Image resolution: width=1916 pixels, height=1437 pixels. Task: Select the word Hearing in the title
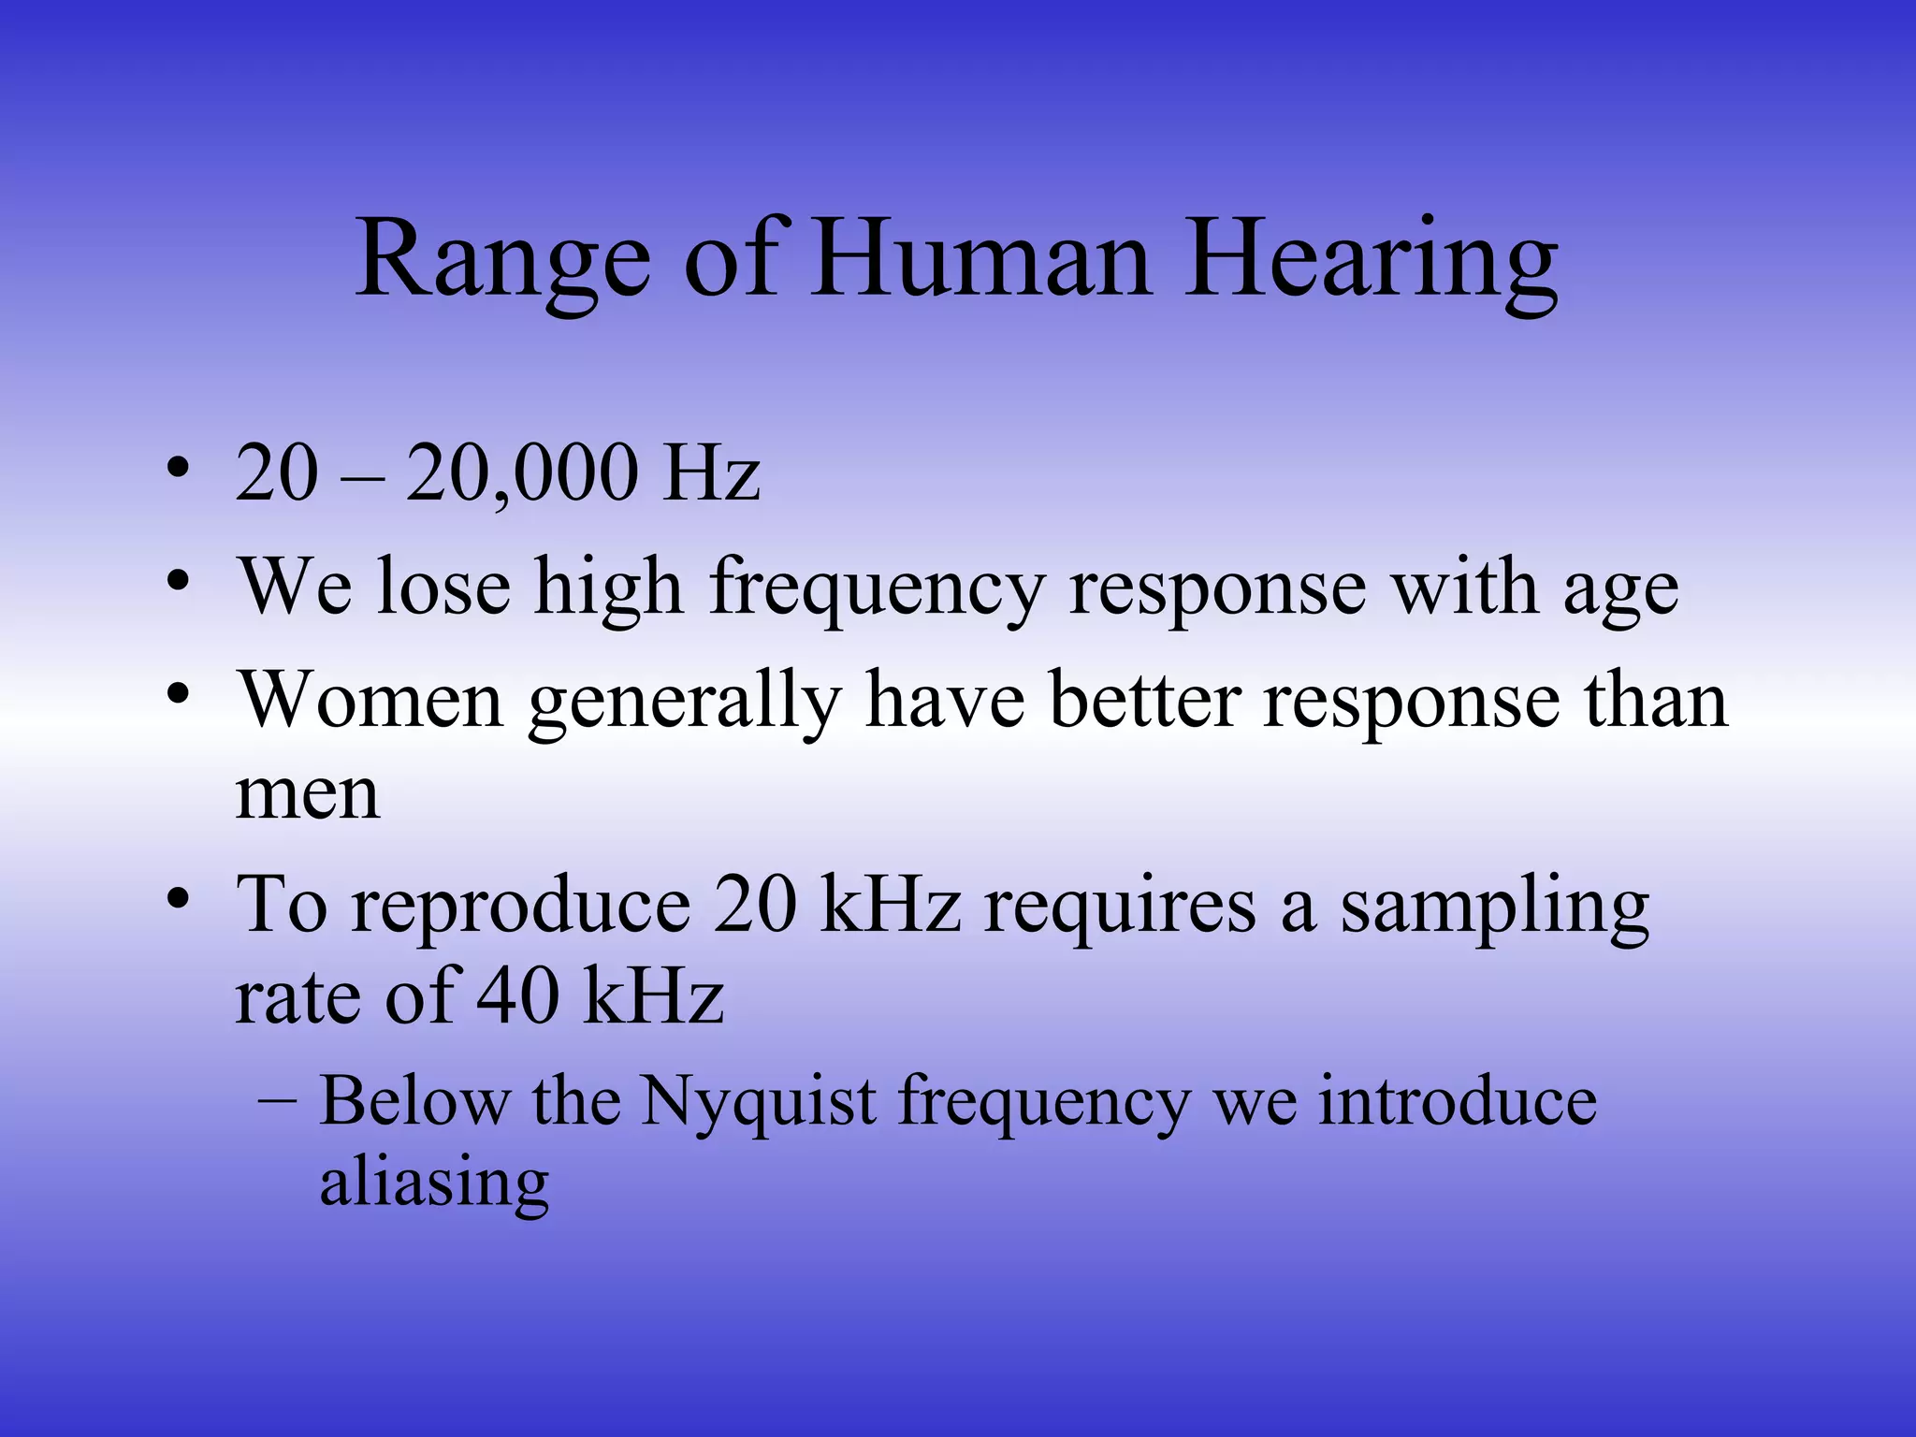[1371, 259]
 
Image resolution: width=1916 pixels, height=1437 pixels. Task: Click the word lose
[444, 588]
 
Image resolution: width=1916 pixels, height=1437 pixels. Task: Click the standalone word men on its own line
[308, 795]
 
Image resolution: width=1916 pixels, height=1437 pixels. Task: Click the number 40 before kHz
[517, 995]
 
